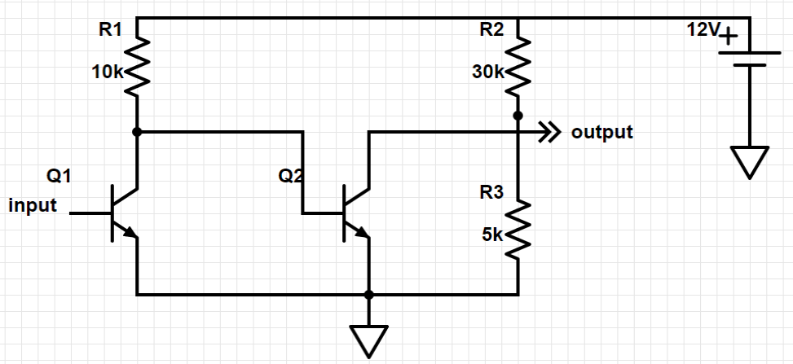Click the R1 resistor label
tap(109, 30)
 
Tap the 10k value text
tap(106, 72)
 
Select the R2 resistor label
tap(491, 30)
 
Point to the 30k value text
tap(487, 72)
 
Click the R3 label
tap(491, 193)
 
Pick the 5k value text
tap(491, 235)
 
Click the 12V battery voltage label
tap(702, 30)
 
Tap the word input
tap(33, 205)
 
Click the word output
tap(602, 131)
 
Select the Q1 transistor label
tap(59, 175)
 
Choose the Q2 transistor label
tap(291, 175)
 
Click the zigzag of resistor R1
tap(136, 67)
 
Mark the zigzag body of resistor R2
tap(518, 67)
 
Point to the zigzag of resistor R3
tap(518, 230)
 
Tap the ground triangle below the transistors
tap(369, 339)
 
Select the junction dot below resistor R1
tap(136, 131)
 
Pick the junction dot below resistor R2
tap(518, 116)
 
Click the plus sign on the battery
tap(729, 37)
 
